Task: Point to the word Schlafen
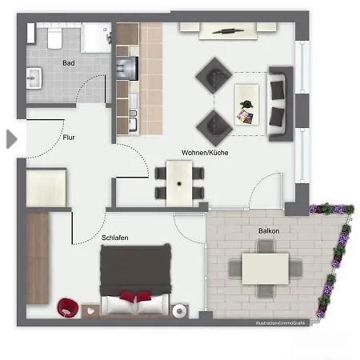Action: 115,238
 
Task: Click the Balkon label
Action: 269,230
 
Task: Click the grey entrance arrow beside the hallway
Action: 11,138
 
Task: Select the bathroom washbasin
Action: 35,78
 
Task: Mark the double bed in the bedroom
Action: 136,280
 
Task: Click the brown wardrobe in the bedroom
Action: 38,258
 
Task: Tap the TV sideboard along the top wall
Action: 227,30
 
